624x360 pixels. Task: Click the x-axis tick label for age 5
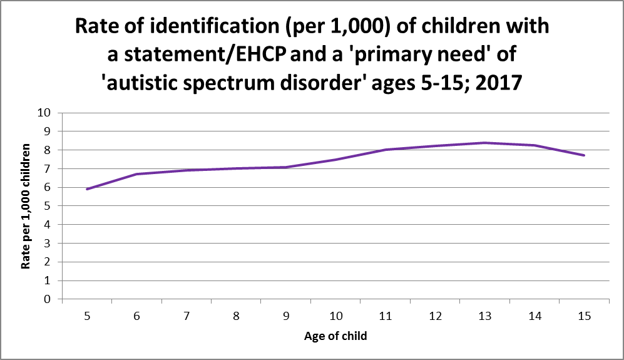(87, 317)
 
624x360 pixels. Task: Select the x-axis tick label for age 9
(286, 317)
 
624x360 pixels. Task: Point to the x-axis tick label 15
(584, 317)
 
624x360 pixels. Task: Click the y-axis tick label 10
(44, 113)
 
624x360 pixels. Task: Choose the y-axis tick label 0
(47, 300)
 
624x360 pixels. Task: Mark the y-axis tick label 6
(47, 188)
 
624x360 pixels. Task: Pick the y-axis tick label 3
(47, 244)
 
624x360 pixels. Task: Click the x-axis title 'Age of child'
(335, 337)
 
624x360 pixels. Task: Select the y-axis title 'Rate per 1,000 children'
(26, 207)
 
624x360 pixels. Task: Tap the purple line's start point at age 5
(87, 189)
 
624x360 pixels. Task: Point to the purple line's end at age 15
(584, 155)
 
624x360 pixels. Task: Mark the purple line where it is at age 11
(386, 150)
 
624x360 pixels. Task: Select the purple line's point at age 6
(136, 174)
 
